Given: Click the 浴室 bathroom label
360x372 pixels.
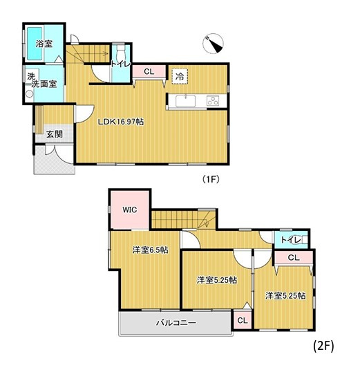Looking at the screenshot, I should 45,44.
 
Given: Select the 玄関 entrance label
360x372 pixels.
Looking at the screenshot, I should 54,134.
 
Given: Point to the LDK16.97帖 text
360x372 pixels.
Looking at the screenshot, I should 121,122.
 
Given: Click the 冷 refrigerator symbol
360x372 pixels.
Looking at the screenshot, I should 179,76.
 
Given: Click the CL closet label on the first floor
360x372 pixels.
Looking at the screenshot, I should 149,71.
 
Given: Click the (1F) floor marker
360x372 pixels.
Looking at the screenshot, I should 211,179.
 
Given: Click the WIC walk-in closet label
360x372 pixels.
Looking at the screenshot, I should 130,209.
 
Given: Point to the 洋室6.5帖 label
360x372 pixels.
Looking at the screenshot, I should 150,250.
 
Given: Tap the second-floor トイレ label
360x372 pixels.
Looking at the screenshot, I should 290,239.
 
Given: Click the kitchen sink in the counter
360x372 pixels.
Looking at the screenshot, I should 186,102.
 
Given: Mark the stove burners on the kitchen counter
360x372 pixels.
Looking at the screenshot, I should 214,102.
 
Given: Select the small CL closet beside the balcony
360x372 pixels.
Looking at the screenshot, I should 241,320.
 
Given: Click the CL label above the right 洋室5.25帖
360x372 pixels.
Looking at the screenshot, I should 293,258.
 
